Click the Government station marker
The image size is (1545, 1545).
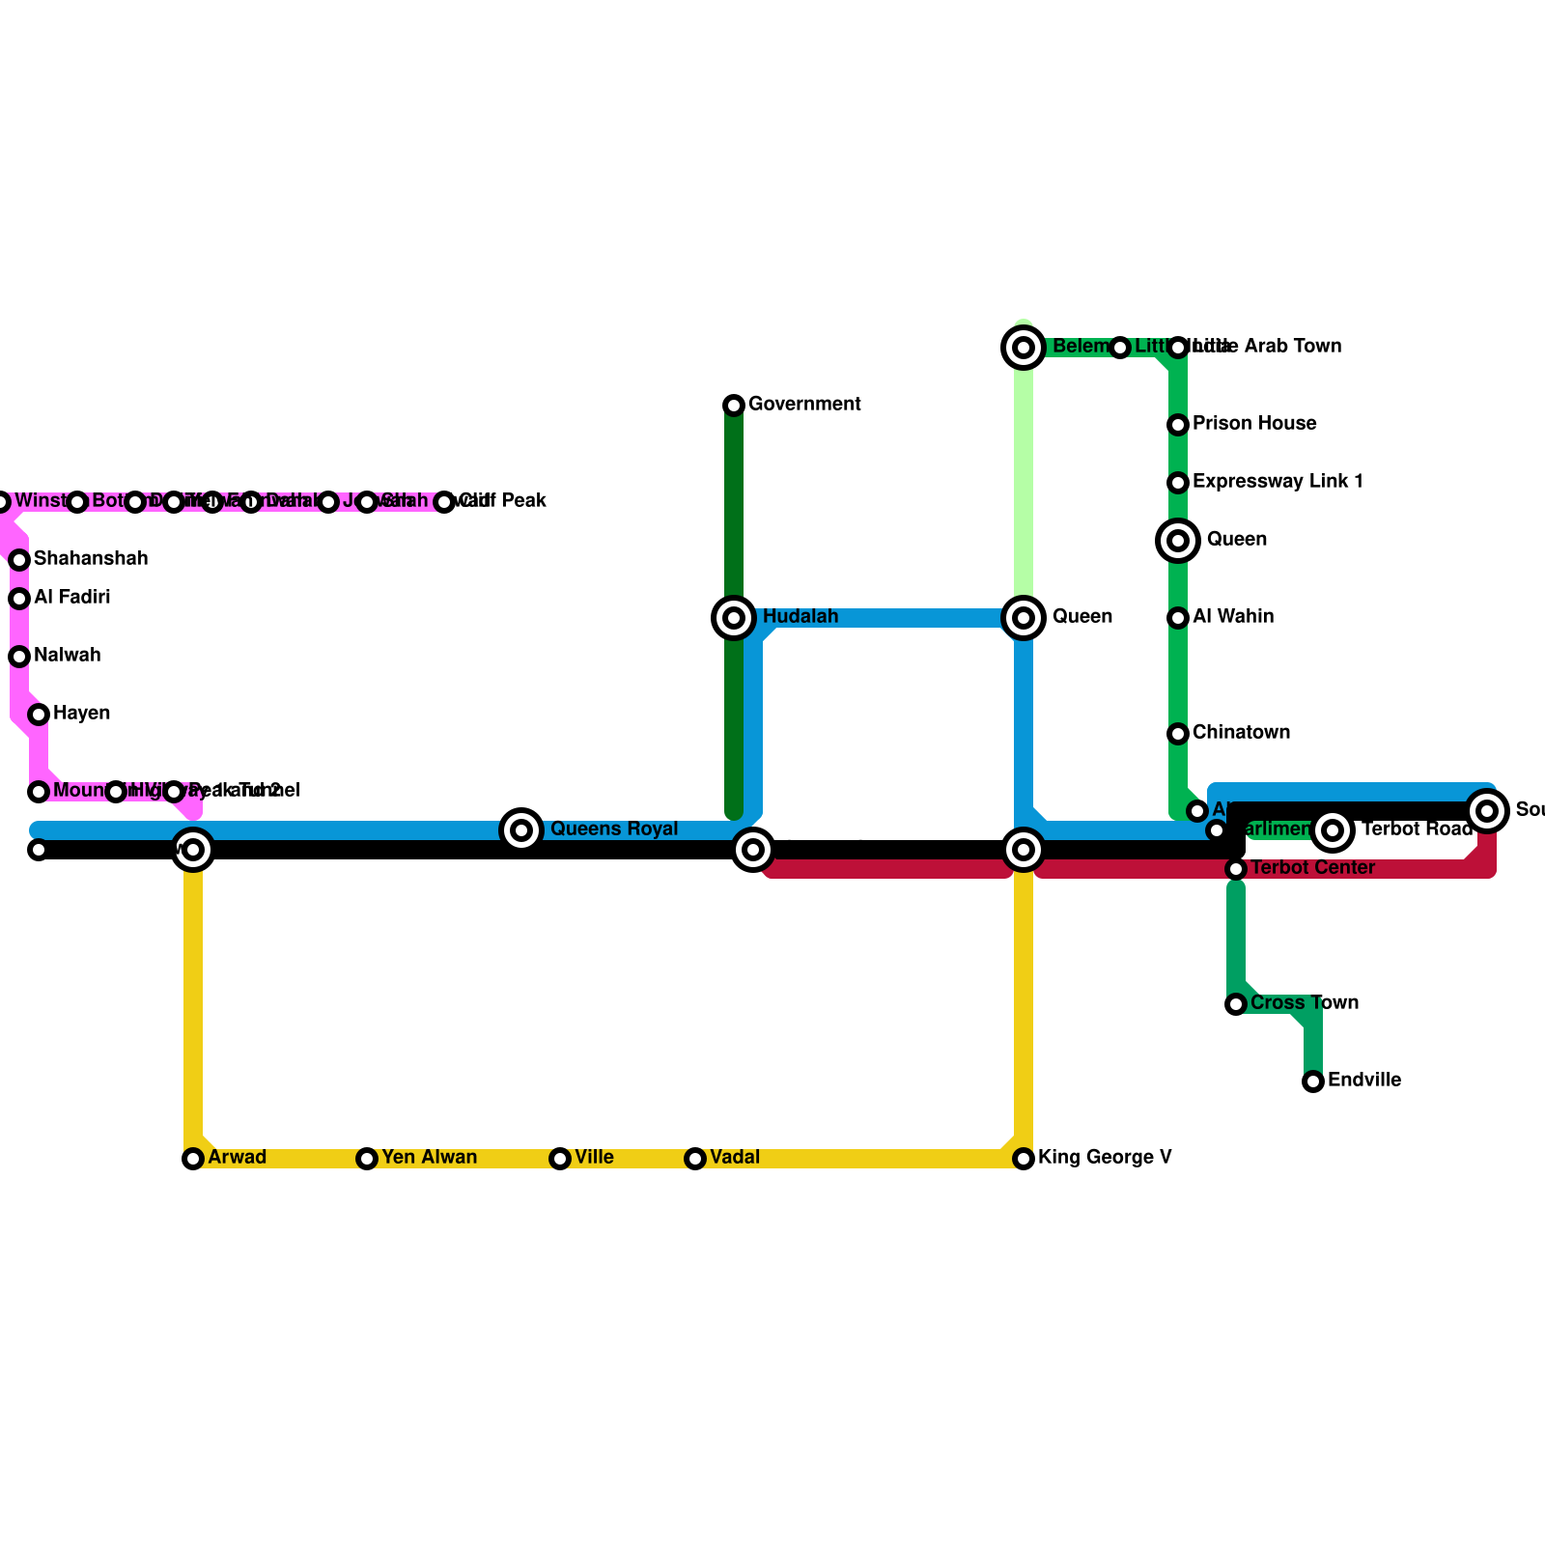click(734, 406)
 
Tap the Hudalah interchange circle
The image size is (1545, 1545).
click(734, 618)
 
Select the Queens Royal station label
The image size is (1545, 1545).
click(614, 829)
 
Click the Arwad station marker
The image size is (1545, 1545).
click(193, 1159)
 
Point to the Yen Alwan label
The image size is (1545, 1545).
click(429, 1158)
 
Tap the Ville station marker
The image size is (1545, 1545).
click(560, 1159)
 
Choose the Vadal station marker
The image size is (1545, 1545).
click(695, 1159)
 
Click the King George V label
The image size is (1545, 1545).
click(1105, 1158)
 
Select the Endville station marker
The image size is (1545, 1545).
click(1313, 1081)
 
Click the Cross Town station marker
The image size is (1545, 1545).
click(1236, 1005)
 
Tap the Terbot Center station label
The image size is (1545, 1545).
click(1312, 868)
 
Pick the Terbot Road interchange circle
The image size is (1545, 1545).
click(1333, 829)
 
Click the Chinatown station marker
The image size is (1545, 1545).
click(1178, 734)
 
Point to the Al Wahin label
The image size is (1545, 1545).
click(1232, 617)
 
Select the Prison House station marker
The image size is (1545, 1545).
click(1178, 425)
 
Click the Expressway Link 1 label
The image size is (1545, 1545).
click(1277, 482)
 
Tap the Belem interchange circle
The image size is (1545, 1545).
click(1024, 348)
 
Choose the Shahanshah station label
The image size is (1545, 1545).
click(91, 559)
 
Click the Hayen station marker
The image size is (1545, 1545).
click(39, 715)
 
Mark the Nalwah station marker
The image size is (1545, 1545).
click(19, 657)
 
